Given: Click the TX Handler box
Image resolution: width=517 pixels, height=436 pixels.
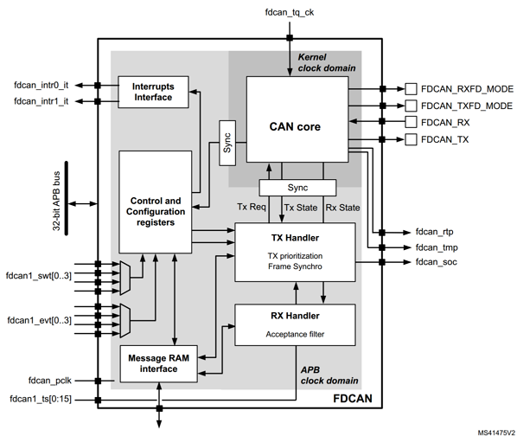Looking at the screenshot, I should [x=295, y=251].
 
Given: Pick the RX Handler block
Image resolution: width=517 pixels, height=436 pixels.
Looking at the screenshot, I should [x=295, y=324].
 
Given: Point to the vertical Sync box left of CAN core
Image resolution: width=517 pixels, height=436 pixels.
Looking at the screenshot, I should [x=227, y=142].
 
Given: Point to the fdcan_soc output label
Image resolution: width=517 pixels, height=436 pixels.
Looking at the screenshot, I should [x=438, y=261].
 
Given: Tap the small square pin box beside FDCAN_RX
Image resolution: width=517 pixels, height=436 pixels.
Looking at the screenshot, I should [x=412, y=122].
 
